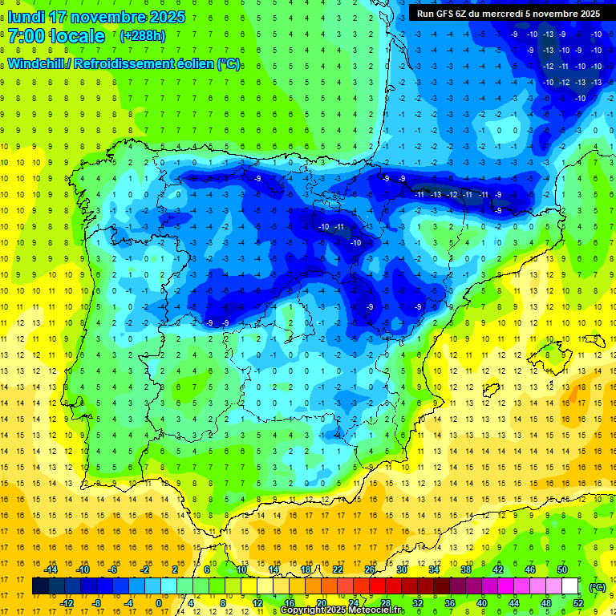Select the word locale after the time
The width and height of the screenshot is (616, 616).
point(77,36)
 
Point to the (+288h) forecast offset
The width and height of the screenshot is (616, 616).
point(142,36)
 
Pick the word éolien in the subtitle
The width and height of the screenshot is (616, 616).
point(190,64)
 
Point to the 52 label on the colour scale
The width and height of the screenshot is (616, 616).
point(578,603)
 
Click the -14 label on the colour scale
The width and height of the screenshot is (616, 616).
point(52,569)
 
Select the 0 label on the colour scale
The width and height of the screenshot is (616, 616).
point(159,603)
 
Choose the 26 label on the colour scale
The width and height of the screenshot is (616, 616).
point(370,569)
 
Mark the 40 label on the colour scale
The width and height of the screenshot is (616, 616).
point(481,603)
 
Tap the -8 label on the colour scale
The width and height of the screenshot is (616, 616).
point(97,603)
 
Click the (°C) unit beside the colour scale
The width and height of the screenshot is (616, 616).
point(597,587)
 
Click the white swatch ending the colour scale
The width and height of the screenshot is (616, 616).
point(570,586)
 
